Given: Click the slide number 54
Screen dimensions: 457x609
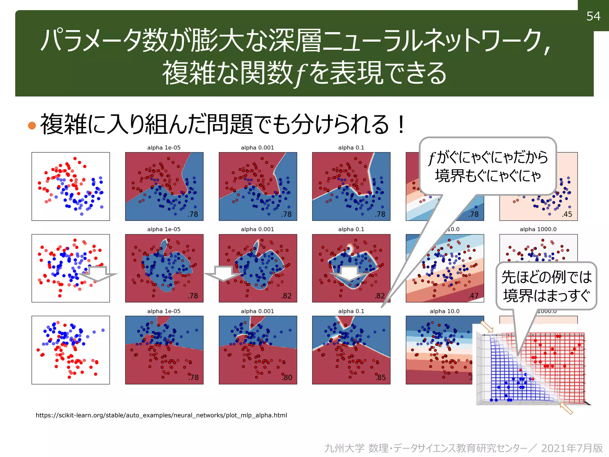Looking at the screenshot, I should point(593,16).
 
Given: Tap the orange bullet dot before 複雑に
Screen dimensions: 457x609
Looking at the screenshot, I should point(32,125).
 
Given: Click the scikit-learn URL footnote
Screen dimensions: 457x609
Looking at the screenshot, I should point(161,415).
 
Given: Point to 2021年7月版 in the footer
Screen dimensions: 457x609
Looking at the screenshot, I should point(572,448).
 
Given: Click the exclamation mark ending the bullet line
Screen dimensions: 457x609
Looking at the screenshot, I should point(401,125).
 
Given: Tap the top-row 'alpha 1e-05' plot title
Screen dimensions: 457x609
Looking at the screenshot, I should point(164,148).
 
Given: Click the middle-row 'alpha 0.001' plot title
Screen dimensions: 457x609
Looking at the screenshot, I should point(257,229).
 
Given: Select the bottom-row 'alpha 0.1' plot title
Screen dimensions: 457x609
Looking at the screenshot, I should point(351,311).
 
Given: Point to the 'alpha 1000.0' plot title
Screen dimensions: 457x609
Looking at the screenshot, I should point(538,229).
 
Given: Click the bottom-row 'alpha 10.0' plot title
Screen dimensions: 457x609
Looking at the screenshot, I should point(444,311).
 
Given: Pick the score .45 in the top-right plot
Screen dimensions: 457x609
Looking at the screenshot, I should point(567,214).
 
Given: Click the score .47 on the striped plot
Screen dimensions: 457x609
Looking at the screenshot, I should point(473,296).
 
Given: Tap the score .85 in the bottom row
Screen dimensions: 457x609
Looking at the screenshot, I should point(381,378).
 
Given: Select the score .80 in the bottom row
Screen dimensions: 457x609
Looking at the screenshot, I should point(287,378).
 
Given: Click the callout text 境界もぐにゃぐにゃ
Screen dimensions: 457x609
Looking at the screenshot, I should point(488,176).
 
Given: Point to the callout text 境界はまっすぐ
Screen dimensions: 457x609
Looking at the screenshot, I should point(546,296).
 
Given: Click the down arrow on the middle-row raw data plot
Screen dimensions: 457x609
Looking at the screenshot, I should point(98,274).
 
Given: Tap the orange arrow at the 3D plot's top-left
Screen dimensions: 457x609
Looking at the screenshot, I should point(487,327).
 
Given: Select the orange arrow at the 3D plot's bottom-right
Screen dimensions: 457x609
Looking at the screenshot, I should point(566,408).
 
